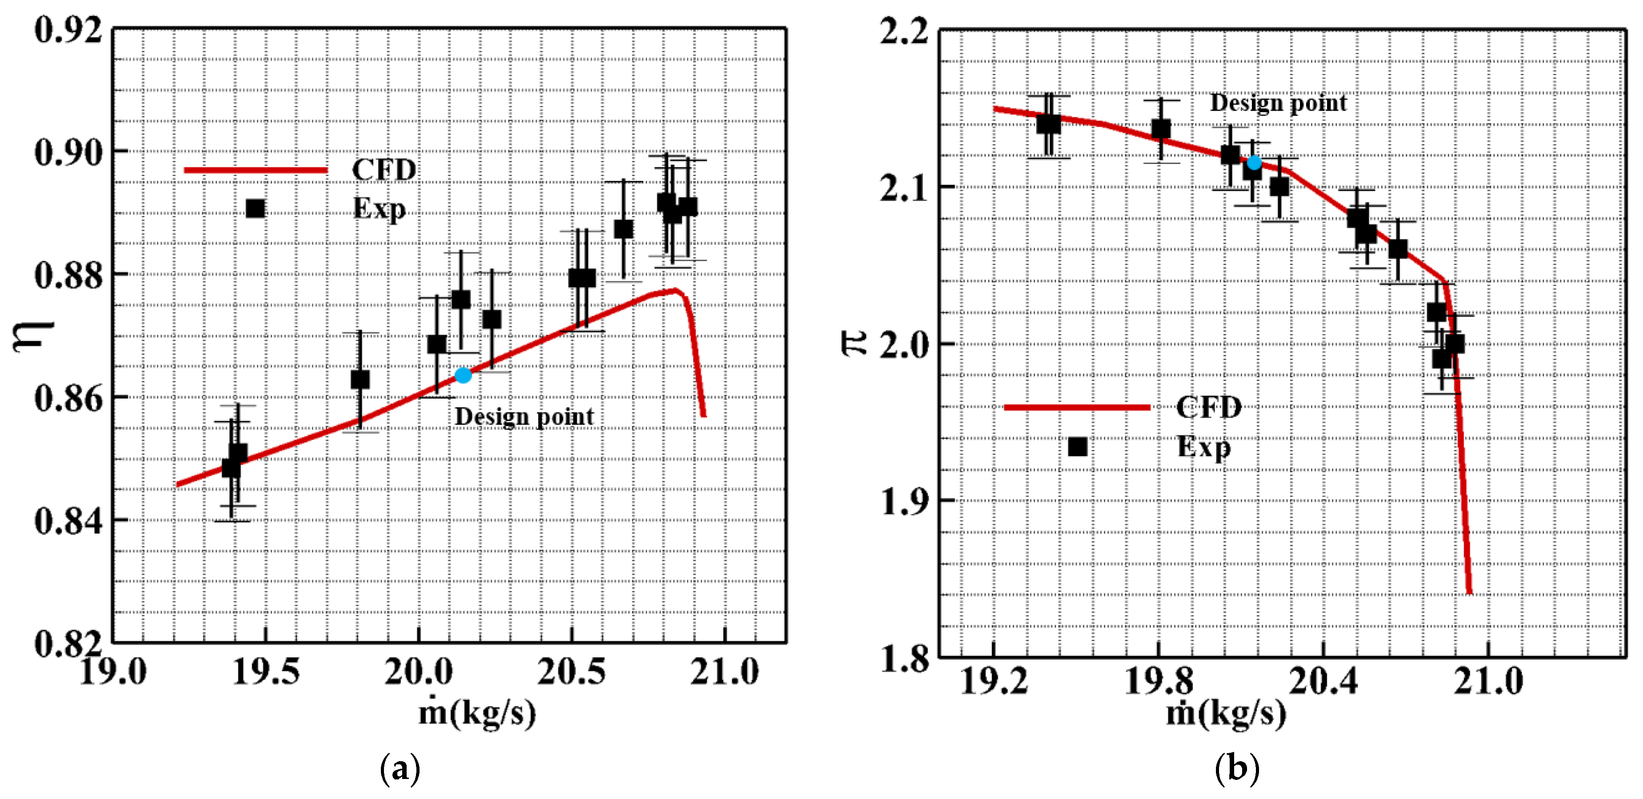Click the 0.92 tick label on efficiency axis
click(68, 30)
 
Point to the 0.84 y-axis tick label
click(68, 521)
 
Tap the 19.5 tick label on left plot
click(265, 672)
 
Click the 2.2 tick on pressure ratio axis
click(904, 31)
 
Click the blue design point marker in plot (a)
click(463, 375)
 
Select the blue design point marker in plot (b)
click(1254, 163)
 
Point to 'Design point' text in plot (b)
click(1278, 103)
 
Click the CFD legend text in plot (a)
click(384, 170)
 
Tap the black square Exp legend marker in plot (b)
click(1077, 447)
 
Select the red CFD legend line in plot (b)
click(1077, 407)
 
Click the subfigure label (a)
click(400, 769)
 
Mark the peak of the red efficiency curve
click(674, 290)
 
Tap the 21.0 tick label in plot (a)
click(724, 672)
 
